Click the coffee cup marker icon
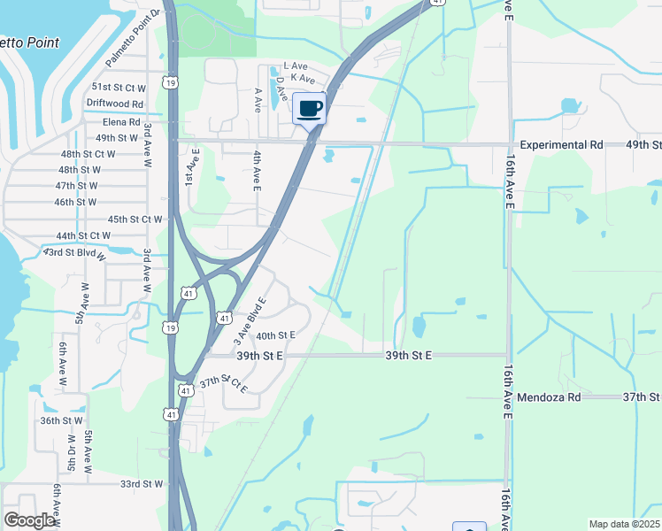click(309, 109)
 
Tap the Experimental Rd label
click(561, 144)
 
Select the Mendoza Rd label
click(549, 398)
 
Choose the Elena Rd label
click(121, 122)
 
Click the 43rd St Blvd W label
click(74, 254)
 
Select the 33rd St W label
click(142, 484)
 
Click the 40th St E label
click(274, 335)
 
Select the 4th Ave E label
click(256, 172)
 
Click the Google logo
click(30, 520)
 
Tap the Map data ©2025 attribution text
click(624, 524)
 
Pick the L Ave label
click(294, 66)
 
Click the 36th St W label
click(61, 421)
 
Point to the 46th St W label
click(75, 202)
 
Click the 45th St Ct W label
click(135, 219)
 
